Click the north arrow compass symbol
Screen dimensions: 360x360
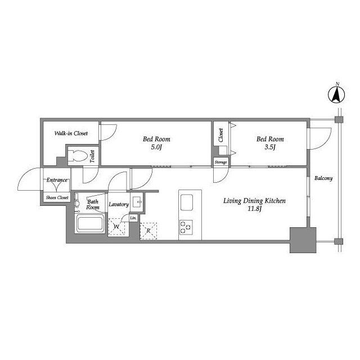point(337,94)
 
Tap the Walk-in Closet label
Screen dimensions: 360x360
point(71,133)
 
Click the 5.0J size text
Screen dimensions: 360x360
point(156,147)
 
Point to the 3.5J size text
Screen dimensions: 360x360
point(270,147)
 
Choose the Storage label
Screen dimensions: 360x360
point(220,162)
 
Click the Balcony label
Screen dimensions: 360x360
point(323,178)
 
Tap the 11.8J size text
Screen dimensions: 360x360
point(255,209)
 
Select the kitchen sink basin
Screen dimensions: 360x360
point(187,202)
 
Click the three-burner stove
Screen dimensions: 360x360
point(186,227)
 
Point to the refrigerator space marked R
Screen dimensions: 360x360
point(148,231)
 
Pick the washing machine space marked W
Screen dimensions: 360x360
point(116,227)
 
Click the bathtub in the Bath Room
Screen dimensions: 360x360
point(90,224)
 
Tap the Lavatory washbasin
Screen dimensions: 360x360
point(137,202)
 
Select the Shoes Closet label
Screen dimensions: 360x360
point(57,197)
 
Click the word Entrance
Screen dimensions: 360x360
point(57,180)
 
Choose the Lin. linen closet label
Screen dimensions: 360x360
point(133,218)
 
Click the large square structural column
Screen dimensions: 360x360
point(303,240)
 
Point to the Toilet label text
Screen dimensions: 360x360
point(92,156)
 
